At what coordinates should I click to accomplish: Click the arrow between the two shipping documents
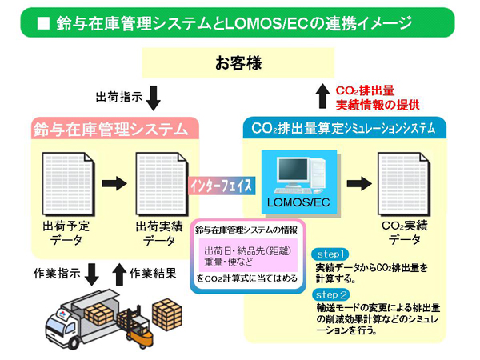tap(114, 183)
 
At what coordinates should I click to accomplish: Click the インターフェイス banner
tap(222, 185)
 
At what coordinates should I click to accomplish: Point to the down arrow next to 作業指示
tap(91, 273)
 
